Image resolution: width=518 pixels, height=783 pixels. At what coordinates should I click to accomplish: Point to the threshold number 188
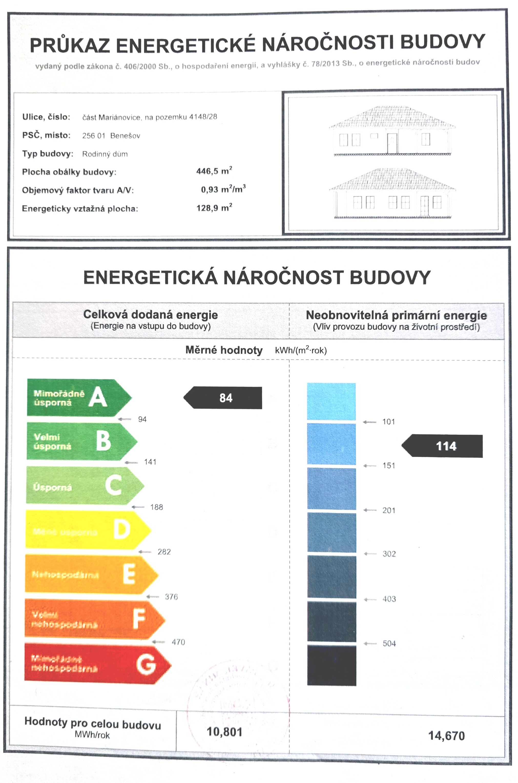157,507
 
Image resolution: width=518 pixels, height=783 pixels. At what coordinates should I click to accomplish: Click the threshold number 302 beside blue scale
389,554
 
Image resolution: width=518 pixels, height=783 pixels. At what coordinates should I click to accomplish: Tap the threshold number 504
389,643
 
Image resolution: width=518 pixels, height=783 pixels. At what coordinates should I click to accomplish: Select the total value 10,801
225,732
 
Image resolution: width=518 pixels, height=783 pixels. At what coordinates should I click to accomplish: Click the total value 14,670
446,736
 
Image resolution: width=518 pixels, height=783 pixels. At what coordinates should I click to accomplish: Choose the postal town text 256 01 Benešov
111,136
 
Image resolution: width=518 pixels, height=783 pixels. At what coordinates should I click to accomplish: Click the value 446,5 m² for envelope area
214,171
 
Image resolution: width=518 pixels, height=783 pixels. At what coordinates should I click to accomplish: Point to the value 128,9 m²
214,208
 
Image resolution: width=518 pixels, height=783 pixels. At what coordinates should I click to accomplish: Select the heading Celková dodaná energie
151,314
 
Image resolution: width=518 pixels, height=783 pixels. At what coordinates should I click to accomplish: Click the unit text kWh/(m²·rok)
301,350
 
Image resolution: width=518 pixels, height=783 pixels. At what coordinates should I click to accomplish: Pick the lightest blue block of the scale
331,401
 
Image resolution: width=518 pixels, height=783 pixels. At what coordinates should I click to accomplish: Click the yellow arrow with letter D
86,530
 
